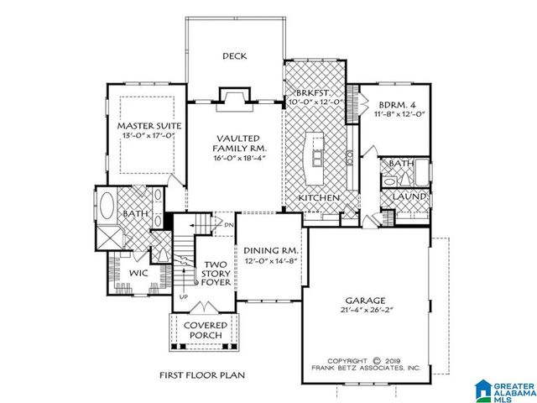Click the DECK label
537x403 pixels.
234,56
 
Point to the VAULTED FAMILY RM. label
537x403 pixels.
235,143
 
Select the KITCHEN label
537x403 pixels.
319,198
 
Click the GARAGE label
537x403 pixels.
365,300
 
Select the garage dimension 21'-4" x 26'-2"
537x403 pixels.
365,311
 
